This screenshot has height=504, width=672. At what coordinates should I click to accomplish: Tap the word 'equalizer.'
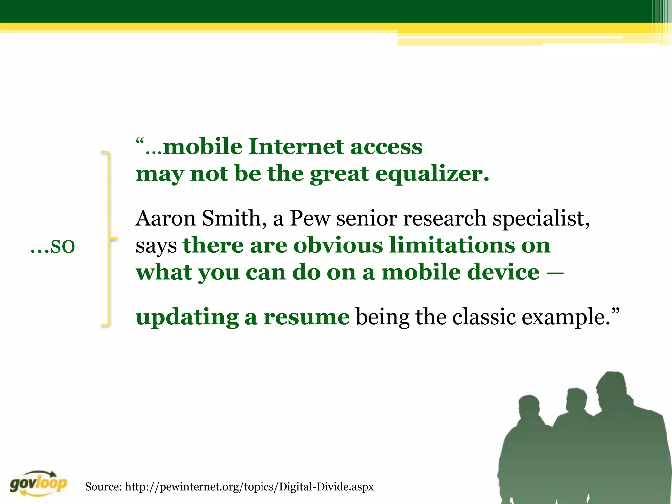pos(432,174)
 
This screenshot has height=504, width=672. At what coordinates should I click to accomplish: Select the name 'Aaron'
pos(165,218)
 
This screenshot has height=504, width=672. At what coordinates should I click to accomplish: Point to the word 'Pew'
pos(310,218)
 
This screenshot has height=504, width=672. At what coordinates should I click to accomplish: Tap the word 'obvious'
pos(338,245)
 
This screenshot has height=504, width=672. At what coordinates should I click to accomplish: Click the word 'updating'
pos(187,318)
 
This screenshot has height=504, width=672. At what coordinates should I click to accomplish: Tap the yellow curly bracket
pos(108,238)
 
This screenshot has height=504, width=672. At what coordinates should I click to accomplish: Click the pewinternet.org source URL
pos(249,486)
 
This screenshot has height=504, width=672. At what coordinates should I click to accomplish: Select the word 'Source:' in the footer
pos(103,486)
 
